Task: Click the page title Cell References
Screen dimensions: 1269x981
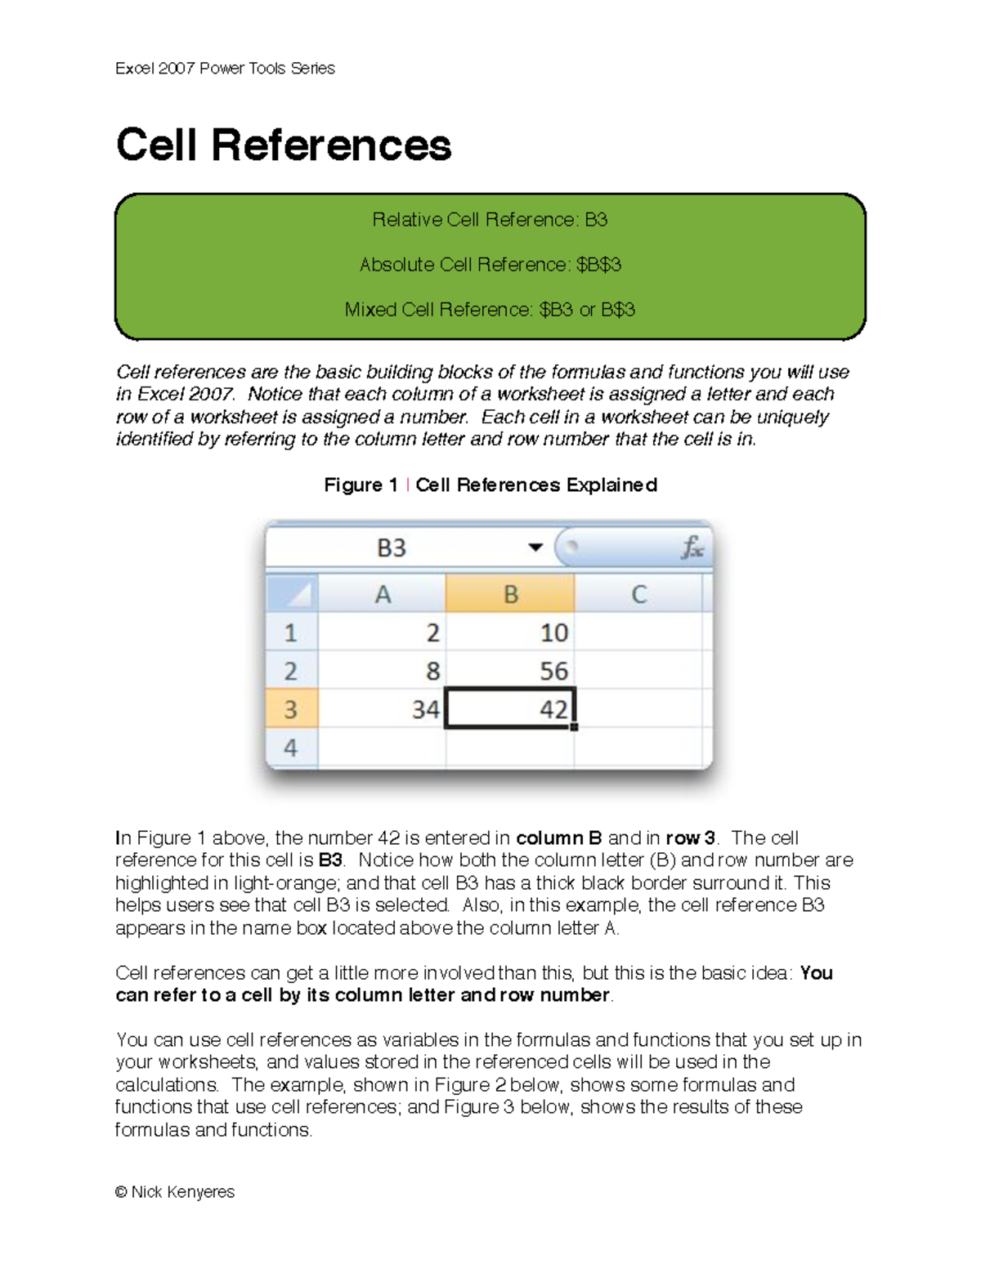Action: pyautogui.click(x=283, y=145)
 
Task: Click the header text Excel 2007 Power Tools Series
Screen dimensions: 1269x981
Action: pyautogui.click(x=225, y=69)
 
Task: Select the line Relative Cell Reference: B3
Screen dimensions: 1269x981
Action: pyautogui.click(x=490, y=220)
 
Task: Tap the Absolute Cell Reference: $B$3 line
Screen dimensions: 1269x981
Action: pyautogui.click(x=490, y=265)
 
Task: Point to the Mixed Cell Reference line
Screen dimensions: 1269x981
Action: pyautogui.click(x=490, y=310)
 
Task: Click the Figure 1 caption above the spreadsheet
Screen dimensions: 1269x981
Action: pyautogui.click(x=490, y=485)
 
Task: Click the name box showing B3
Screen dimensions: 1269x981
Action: pyautogui.click(x=392, y=547)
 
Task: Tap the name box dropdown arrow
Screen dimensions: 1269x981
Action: pyautogui.click(x=535, y=547)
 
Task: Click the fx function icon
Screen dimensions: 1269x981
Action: pyautogui.click(x=692, y=547)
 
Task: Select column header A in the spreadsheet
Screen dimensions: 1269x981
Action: pyautogui.click(x=382, y=594)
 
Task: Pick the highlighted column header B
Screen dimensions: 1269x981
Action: pyautogui.click(x=510, y=594)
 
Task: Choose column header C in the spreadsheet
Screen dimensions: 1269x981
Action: pyautogui.click(x=638, y=594)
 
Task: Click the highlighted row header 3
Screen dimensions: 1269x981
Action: pyautogui.click(x=291, y=708)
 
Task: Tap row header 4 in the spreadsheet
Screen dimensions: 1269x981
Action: pyautogui.click(x=291, y=747)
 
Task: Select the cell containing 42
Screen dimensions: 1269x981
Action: pyautogui.click(x=510, y=708)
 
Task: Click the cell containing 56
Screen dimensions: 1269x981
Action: pyautogui.click(x=510, y=671)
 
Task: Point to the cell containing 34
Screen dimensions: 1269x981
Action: pyautogui.click(x=382, y=708)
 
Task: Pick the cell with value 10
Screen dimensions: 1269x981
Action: pyautogui.click(x=510, y=632)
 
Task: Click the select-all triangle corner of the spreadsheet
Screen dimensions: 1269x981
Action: pyautogui.click(x=293, y=594)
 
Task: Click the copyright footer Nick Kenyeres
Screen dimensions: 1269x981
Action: pyautogui.click(x=175, y=1192)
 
